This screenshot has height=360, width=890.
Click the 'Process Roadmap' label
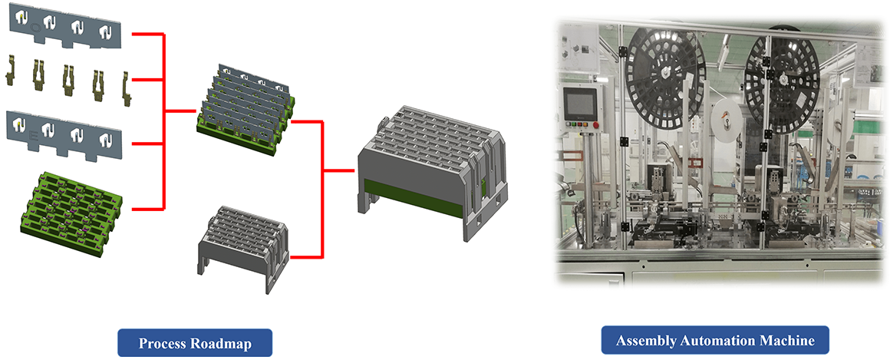click(x=195, y=344)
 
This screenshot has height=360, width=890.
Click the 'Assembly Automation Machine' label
click(x=715, y=341)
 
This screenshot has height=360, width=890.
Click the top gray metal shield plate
click(x=64, y=27)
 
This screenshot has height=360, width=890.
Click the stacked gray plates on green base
click(x=245, y=111)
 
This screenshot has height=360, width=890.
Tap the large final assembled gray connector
click(x=431, y=170)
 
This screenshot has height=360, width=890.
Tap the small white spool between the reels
click(x=724, y=119)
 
